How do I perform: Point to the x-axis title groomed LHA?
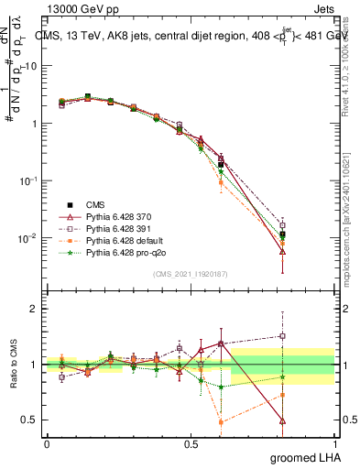click(x=307, y=457)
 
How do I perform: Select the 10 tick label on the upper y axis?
click(x=31, y=66)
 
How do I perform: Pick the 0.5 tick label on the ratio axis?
click(x=29, y=420)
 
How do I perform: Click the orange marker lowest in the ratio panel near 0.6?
click(x=221, y=422)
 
